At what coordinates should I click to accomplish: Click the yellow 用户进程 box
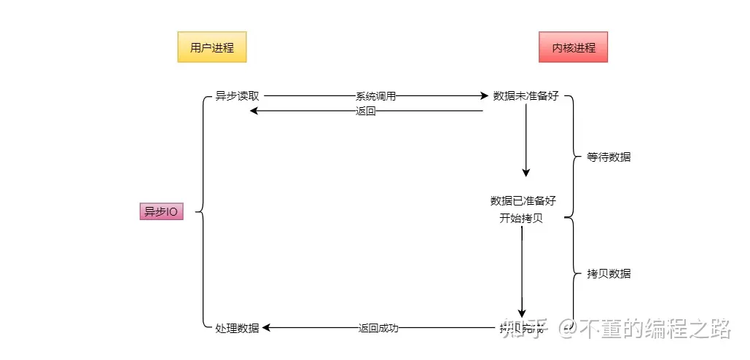pos(211,47)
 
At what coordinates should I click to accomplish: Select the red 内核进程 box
pos(573,47)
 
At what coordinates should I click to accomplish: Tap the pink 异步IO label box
pos(161,211)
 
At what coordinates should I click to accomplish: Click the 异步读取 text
pos(237,96)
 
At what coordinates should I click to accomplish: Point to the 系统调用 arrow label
pos(375,96)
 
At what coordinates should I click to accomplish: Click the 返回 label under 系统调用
pos(365,111)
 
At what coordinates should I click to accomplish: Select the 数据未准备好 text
pos(526,96)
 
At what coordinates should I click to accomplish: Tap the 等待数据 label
pos(609,157)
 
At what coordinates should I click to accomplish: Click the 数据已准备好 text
pos(523,201)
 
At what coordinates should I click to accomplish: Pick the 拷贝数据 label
pos(609,274)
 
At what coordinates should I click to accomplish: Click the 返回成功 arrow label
pos(378,328)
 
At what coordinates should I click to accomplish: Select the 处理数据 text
pos(237,328)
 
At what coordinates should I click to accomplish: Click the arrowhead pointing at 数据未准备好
pos(484,96)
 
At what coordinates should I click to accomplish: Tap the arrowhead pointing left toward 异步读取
pos(254,111)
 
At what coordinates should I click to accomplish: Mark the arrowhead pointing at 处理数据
pos(267,328)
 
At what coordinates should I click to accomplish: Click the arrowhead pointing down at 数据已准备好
pos(526,172)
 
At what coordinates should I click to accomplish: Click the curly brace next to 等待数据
pos(570,157)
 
